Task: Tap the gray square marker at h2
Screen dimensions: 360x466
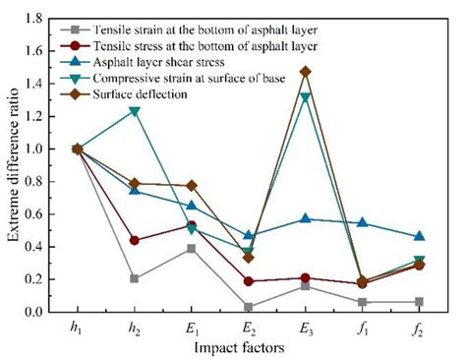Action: [x=135, y=278]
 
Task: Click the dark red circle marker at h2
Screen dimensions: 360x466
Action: [x=135, y=240]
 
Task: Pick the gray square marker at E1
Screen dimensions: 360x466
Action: [x=192, y=249]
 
